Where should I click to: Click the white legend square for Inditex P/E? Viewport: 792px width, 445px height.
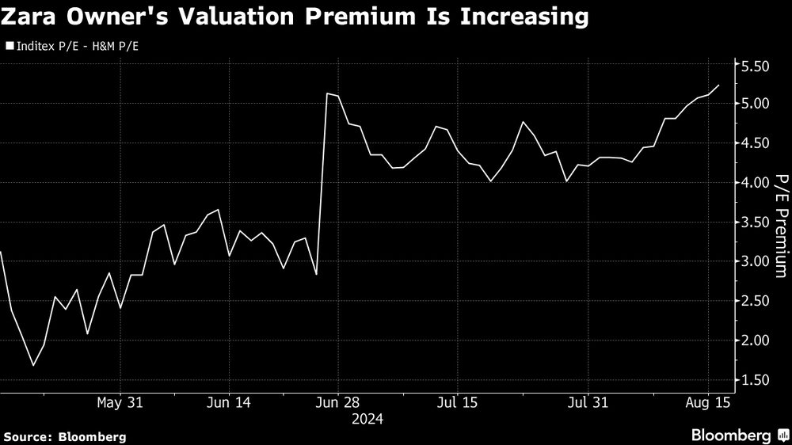pos(9,47)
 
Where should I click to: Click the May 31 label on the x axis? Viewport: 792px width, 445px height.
pos(120,403)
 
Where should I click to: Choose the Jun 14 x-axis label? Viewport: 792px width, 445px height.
pos(229,403)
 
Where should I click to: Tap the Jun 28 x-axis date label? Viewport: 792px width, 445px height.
pos(337,403)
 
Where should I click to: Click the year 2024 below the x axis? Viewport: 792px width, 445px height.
pos(367,419)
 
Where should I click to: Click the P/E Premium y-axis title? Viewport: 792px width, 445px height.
pos(781,226)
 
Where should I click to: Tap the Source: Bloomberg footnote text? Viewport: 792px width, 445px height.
pos(64,436)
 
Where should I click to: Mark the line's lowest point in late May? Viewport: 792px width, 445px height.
pos(33,365)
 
